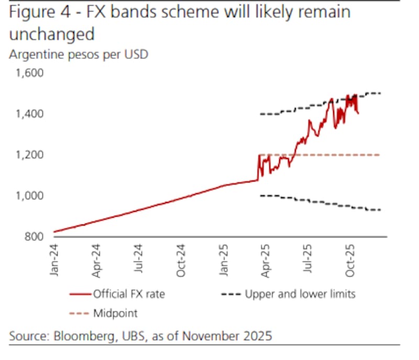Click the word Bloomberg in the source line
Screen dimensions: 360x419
coord(81,335)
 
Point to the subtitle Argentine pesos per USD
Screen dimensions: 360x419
coord(79,54)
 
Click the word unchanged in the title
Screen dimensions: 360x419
coord(51,34)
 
